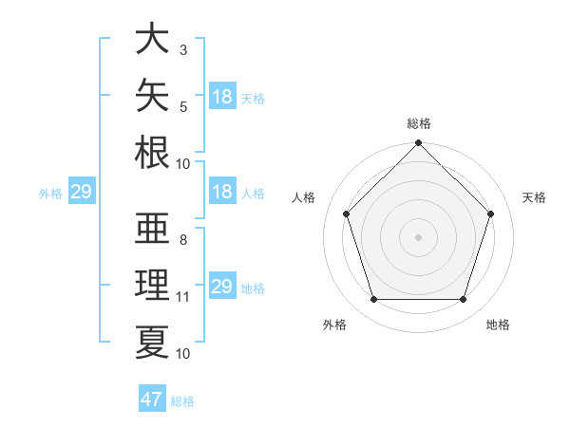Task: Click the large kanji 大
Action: [x=152, y=38]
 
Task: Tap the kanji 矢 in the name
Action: [x=152, y=95]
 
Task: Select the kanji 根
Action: [x=152, y=152]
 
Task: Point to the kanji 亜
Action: [x=152, y=228]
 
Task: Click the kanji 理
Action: [x=152, y=285]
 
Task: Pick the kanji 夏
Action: [x=152, y=343]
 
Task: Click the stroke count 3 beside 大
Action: [x=183, y=50]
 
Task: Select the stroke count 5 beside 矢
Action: [x=183, y=107]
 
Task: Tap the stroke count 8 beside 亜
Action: [x=183, y=240]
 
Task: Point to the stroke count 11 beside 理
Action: [x=182, y=297]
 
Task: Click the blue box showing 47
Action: [x=152, y=398]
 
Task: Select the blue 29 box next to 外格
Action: [x=82, y=191]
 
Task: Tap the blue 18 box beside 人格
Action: [x=222, y=191]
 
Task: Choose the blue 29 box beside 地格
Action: [x=222, y=285]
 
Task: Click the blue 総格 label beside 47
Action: [x=182, y=401]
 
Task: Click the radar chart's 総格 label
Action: [x=419, y=123]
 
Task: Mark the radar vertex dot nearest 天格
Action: [x=490, y=214]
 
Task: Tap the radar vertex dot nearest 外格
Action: [x=374, y=300]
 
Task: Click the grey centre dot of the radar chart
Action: [x=418, y=237]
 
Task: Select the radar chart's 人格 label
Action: [x=303, y=197]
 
